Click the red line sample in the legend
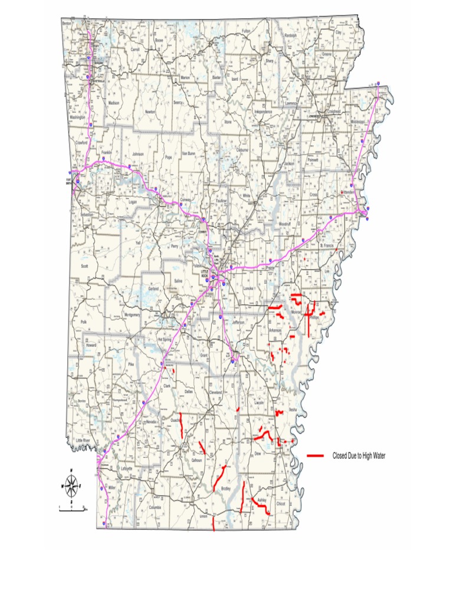(316, 455)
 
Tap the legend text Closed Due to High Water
(359, 456)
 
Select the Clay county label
(338, 33)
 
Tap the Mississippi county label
(359, 122)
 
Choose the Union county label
(204, 517)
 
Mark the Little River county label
(83, 441)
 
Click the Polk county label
(83, 321)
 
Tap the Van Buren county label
(188, 153)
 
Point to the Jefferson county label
(238, 323)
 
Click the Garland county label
(153, 289)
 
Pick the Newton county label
(150, 111)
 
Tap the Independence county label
(263, 111)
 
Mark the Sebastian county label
(87, 215)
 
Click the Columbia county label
(155, 507)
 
